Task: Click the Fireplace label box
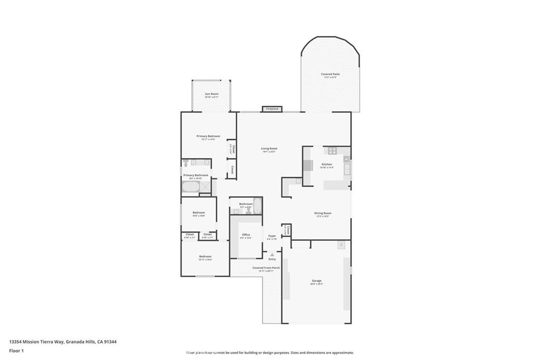(x=272, y=109)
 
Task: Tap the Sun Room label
(x=211, y=94)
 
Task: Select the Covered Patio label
(x=331, y=74)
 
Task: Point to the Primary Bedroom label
(x=208, y=137)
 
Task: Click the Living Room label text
(x=269, y=149)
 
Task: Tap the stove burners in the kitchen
(x=333, y=150)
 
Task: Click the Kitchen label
(x=327, y=164)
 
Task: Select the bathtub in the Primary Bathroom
(x=191, y=187)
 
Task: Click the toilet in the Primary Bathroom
(x=194, y=162)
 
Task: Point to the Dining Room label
(x=323, y=213)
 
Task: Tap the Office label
(x=246, y=235)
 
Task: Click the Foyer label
(x=272, y=236)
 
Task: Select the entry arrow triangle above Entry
(x=272, y=254)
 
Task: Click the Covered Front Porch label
(x=266, y=268)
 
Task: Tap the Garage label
(x=316, y=281)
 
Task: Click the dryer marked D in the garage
(x=341, y=245)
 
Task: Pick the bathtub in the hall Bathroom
(x=258, y=208)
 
